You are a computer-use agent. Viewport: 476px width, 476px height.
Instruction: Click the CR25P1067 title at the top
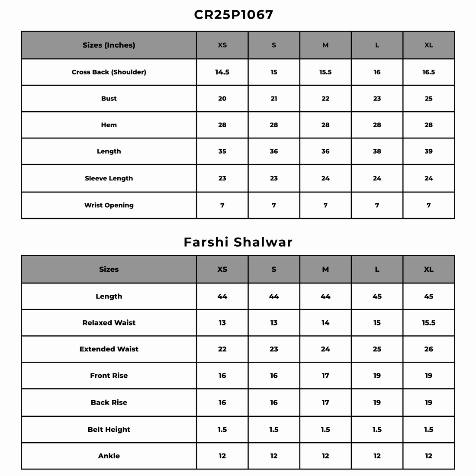tap(234, 15)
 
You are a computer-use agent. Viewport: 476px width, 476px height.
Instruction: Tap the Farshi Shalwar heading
tap(238, 242)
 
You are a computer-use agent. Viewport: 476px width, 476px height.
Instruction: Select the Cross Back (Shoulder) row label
tap(109, 72)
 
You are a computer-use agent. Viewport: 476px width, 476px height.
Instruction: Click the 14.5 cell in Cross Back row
tap(222, 72)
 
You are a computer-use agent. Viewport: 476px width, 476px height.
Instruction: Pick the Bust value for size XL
tap(428, 99)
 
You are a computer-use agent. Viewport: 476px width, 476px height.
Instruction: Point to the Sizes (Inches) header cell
tap(109, 45)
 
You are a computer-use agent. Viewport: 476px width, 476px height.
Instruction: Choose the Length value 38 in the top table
tap(377, 151)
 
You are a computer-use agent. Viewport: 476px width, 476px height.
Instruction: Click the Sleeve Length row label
tap(109, 178)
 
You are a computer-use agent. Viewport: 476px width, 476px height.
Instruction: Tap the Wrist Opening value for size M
tap(325, 205)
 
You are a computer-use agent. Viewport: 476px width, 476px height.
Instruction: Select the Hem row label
tap(109, 125)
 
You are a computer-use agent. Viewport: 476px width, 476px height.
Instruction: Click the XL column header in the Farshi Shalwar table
tap(428, 269)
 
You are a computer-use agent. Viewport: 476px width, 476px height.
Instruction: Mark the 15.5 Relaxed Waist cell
tap(428, 323)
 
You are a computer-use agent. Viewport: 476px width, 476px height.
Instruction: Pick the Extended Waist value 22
tap(222, 349)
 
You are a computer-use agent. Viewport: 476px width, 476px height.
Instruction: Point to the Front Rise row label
tap(109, 376)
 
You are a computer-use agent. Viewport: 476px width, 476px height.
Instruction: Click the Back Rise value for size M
tap(325, 402)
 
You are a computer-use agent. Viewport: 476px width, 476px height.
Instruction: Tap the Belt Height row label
tap(109, 430)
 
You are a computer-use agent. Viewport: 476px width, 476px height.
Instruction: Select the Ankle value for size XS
tap(222, 456)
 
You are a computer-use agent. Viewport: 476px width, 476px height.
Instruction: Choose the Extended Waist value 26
tap(428, 349)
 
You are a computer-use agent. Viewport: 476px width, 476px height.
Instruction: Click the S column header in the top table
tap(274, 45)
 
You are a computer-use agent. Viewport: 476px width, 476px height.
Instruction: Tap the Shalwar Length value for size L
tap(377, 296)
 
